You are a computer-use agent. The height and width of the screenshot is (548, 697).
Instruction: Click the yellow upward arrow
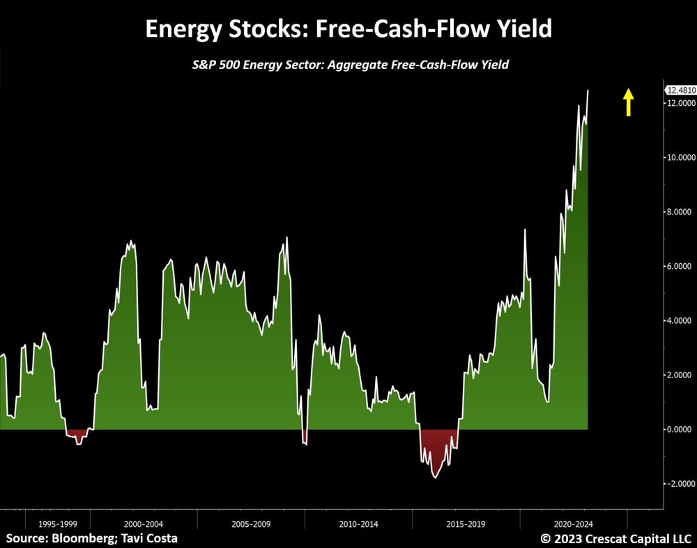tap(628, 102)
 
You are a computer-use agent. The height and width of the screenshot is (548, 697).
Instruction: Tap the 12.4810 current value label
tap(681, 90)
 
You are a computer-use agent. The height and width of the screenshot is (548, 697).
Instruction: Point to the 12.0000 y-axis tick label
tap(681, 103)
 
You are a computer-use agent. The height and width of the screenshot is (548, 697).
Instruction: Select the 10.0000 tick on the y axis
tap(681, 157)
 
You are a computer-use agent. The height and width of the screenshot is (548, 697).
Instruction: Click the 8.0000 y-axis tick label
tap(680, 212)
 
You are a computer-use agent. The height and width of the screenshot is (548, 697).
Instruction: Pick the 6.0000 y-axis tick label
tap(680, 266)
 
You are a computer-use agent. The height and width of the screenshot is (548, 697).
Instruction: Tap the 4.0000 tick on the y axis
tap(680, 320)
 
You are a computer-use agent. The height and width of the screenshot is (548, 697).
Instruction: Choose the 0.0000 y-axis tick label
tap(680, 430)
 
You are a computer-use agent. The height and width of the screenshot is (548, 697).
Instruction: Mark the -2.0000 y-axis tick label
tap(680, 484)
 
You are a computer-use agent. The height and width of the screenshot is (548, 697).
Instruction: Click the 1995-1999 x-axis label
tap(58, 524)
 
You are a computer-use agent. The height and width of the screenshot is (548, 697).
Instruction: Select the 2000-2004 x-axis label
tap(143, 524)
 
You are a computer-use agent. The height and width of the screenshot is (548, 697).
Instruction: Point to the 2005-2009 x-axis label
tap(251, 524)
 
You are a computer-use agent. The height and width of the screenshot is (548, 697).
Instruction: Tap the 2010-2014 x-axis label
tap(358, 524)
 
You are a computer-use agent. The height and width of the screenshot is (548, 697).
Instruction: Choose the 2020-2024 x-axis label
tap(574, 524)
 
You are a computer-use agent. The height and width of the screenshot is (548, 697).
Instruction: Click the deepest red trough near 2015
tap(435, 478)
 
